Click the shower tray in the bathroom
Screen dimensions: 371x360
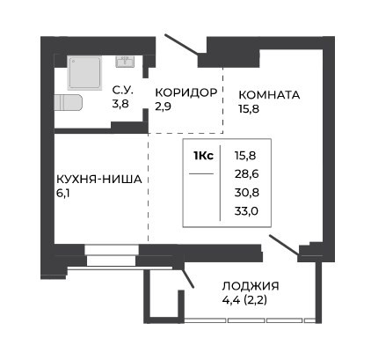pos(84,73)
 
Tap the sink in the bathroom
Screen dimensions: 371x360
pos(125,62)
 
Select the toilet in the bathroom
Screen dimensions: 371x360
pos(68,103)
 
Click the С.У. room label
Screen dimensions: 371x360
pos(123,91)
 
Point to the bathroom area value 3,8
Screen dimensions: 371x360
pos(120,104)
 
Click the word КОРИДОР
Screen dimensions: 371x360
pos(186,92)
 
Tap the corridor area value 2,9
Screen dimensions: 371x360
pos(164,107)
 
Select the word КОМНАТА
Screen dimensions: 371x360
pos(269,95)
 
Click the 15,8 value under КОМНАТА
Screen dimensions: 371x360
pos(249,109)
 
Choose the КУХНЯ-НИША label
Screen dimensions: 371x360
pos(99,179)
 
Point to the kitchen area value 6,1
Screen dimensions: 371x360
pos(62,194)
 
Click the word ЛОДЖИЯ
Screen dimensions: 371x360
pos(251,286)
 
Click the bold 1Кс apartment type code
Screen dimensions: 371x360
pos(203,156)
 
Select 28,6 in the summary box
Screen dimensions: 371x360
pos(247,174)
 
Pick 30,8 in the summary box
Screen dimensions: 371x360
pos(247,193)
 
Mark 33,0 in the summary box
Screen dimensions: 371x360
pos(246,211)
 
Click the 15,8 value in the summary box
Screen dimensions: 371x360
pos(245,156)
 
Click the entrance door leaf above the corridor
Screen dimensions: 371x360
pos(182,45)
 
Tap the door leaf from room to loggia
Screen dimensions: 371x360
pos(284,245)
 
